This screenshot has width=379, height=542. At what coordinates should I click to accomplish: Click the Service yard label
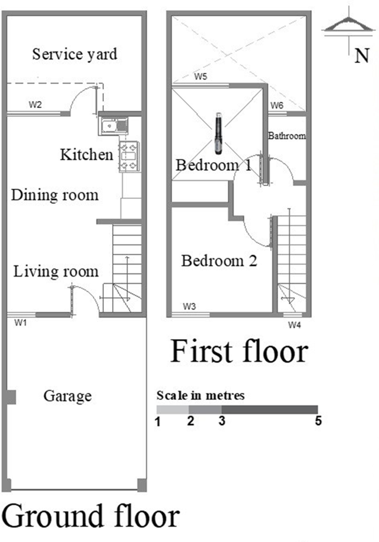75,54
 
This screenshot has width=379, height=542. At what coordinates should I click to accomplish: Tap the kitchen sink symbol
113,125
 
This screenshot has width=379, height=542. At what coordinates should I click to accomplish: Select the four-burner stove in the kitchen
129,157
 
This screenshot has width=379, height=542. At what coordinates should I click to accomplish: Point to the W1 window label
20,323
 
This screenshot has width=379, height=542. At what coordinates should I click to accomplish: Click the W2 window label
35,105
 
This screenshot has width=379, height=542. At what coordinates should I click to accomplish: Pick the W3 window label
189,306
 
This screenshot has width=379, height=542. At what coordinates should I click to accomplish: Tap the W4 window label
294,325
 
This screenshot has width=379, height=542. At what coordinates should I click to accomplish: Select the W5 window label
200,77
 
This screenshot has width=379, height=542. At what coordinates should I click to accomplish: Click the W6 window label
277,105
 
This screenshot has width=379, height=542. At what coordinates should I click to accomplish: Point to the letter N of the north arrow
362,56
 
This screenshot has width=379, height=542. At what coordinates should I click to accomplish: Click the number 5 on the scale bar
318,421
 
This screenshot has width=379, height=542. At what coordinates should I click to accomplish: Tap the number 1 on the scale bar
158,422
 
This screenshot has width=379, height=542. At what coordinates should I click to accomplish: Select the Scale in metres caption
200,395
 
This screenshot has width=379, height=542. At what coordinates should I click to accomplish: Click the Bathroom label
287,136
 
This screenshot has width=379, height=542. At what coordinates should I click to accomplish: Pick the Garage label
68,396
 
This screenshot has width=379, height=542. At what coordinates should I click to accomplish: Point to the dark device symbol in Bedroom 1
218,133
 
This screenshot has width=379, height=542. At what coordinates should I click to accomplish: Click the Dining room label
55,195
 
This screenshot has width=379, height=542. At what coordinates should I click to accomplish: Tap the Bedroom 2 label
219,261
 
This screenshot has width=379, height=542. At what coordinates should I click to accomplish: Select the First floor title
239,351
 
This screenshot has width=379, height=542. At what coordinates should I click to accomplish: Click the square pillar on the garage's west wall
11,397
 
